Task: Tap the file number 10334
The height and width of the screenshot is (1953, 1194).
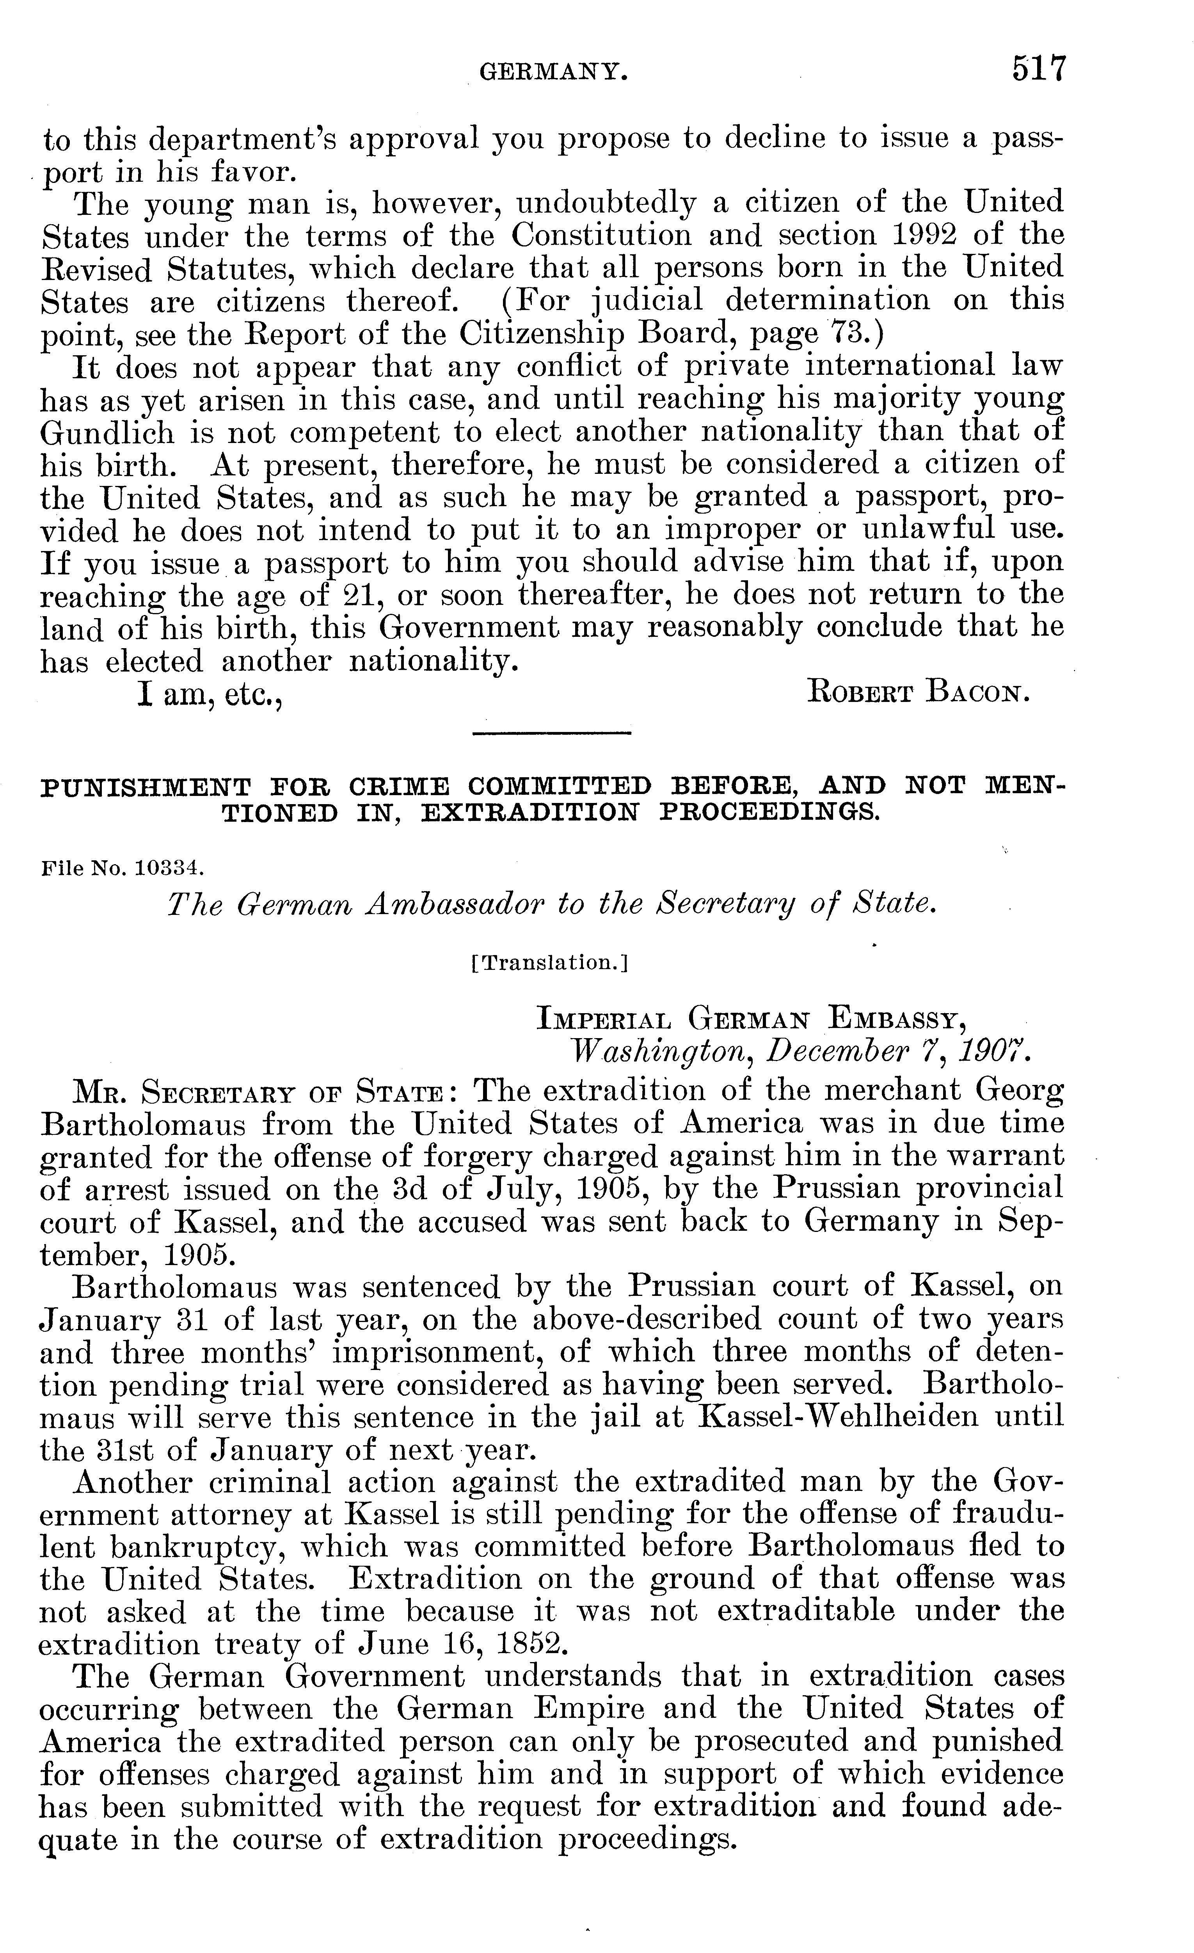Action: tap(171, 868)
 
